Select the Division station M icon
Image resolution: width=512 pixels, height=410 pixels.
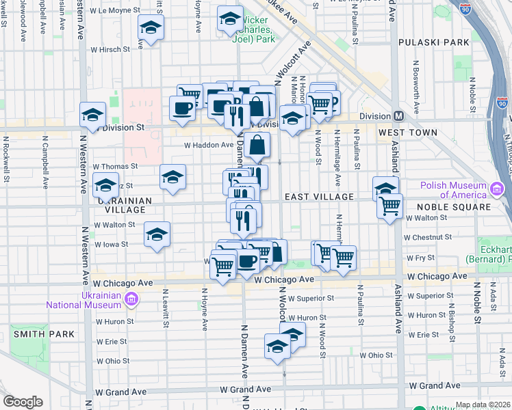pyautogui.click(x=398, y=115)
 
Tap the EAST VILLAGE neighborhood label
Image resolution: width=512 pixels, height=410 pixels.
pyautogui.click(x=319, y=197)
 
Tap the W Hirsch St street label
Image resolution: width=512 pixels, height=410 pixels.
pyautogui.click(x=112, y=49)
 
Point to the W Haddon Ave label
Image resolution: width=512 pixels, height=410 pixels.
pyautogui.click(x=209, y=145)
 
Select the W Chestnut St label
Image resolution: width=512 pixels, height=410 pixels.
pyautogui.click(x=426, y=237)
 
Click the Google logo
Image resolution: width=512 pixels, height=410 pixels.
pyautogui.click(x=23, y=402)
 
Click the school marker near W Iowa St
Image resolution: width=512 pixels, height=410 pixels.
pyautogui.click(x=157, y=234)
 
